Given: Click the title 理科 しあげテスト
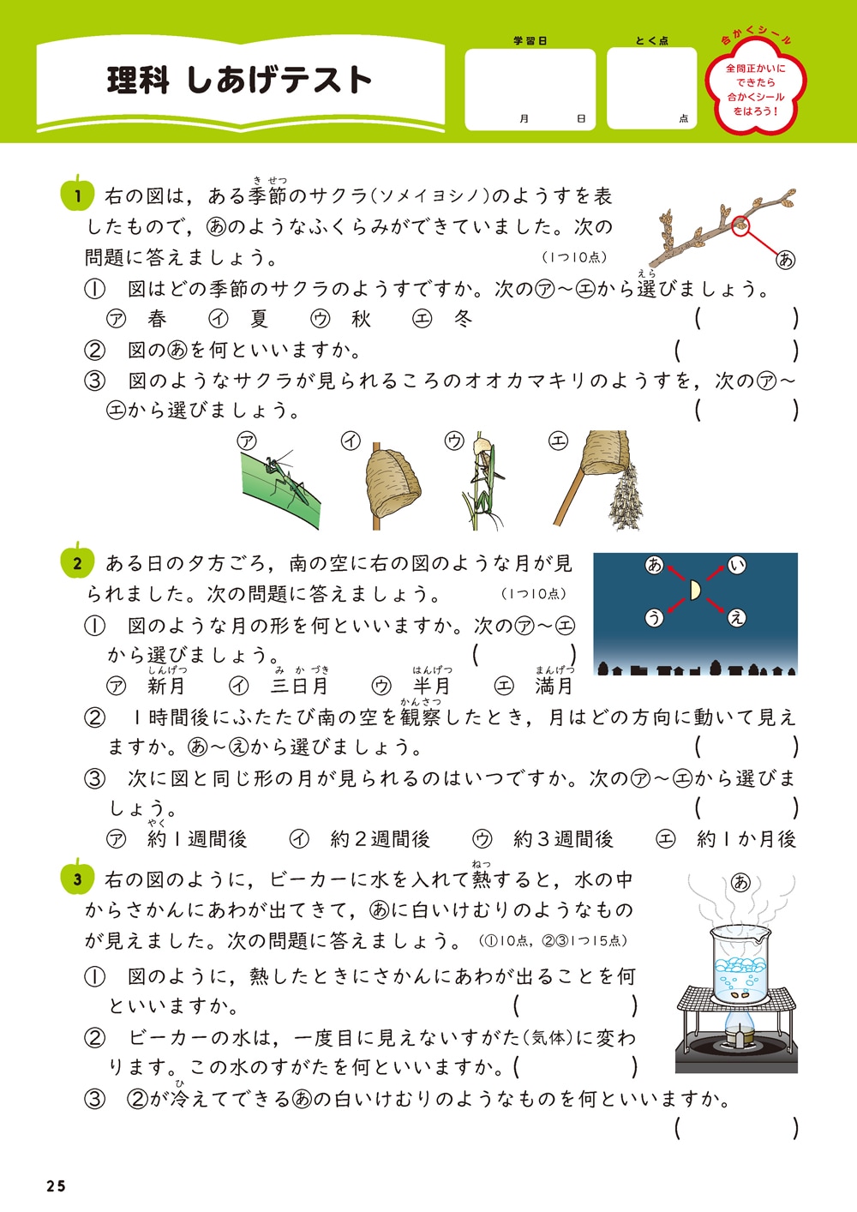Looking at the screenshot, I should (239, 80).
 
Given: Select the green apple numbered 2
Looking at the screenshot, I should (76, 562).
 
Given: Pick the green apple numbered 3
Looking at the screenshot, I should (76, 878).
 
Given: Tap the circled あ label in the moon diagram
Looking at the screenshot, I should (655, 565).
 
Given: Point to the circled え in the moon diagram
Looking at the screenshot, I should (736, 617).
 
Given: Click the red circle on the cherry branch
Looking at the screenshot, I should (742, 225).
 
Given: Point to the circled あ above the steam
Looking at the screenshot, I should (741, 882).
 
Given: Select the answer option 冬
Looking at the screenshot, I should (463, 319).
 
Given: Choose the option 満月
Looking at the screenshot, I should (554, 686).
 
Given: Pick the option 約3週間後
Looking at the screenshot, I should (563, 839).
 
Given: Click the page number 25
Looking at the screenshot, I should (56, 1186).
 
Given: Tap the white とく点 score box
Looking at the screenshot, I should (651, 87).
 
